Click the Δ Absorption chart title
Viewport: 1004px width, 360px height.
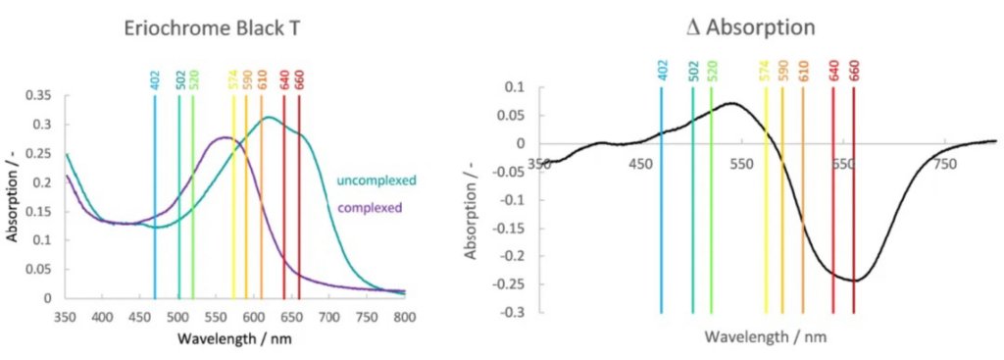pos(752,27)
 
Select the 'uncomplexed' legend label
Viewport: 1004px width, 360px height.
pos(376,180)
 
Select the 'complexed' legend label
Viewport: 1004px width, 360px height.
pos(370,208)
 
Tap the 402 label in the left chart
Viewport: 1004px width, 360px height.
pos(155,78)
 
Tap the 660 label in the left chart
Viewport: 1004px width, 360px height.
pos(299,78)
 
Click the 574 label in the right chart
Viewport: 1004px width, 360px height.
pos(765,70)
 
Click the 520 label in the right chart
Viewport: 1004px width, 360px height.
pos(711,70)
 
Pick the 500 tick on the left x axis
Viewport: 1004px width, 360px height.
pos(176,317)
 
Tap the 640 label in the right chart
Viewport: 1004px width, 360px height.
pos(832,70)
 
